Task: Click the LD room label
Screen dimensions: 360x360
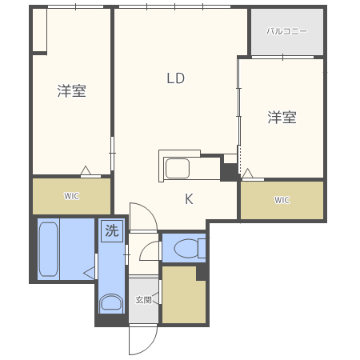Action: click(175, 78)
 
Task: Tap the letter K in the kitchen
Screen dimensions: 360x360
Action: click(189, 198)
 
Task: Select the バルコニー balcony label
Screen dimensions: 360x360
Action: click(286, 31)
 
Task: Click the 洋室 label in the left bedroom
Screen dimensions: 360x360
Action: click(71, 91)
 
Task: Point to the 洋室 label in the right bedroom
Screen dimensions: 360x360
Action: click(282, 118)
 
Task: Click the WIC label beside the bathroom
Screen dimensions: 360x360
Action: click(71, 196)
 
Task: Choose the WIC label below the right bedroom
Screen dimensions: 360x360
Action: click(282, 200)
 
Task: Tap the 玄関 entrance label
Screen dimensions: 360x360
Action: click(143, 300)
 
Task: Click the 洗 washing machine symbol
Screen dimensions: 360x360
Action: click(112, 230)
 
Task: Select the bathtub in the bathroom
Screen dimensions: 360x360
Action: click(48, 250)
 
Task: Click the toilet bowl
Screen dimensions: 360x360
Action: click(186, 249)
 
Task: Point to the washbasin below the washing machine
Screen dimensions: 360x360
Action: click(111, 302)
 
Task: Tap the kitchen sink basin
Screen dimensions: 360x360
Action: click(178, 169)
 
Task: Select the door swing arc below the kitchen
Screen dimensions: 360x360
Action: click(150, 210)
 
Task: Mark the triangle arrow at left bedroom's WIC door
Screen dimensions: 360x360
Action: click(86, 170)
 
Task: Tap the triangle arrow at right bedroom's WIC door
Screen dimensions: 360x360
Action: click(247, 173)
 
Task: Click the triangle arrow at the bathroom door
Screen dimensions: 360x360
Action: click(89, 273)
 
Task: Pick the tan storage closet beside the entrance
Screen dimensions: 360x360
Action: click(183, 295)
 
